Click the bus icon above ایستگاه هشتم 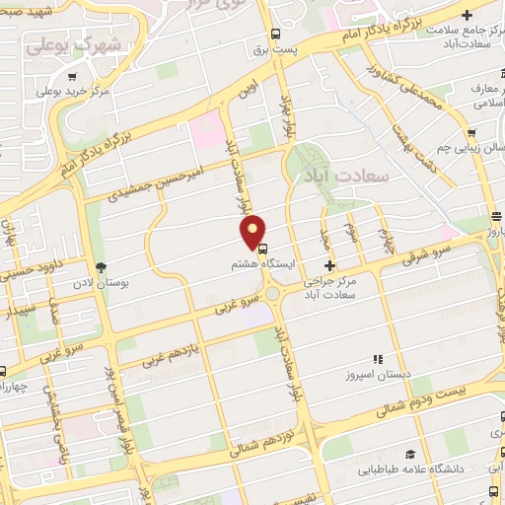pos(261,249)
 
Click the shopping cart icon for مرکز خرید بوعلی pos(72,75)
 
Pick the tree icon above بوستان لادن pos(101,266)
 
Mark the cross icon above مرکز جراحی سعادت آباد pos(329,265)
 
